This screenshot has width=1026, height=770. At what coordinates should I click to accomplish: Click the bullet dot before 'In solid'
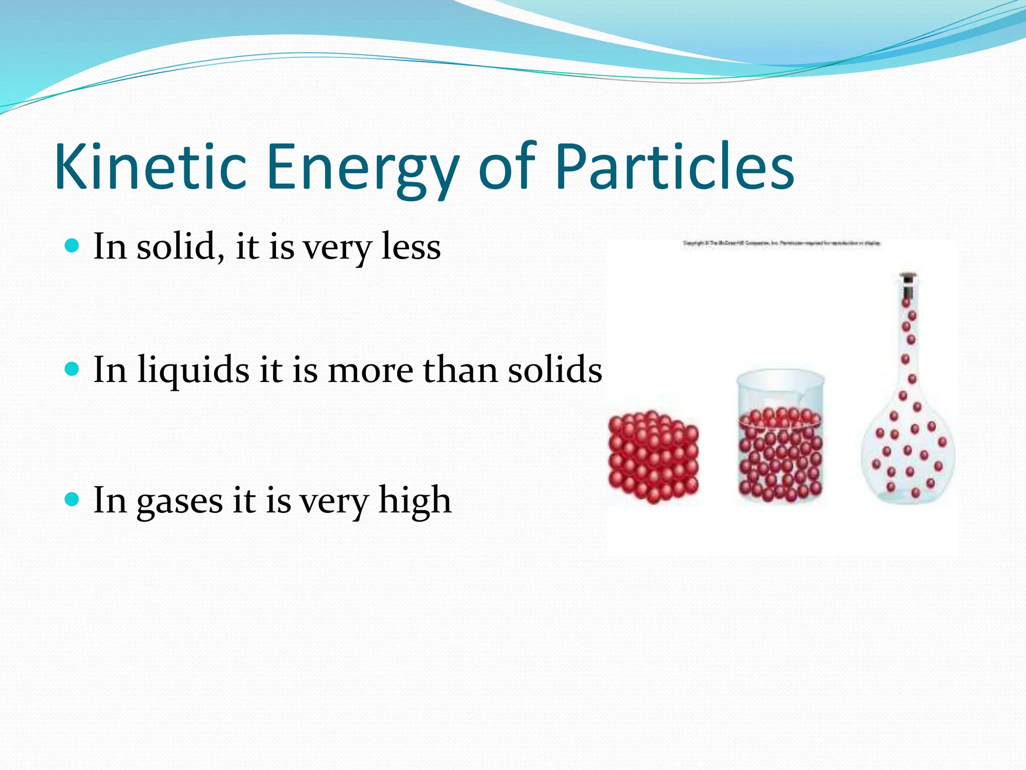point(73,246)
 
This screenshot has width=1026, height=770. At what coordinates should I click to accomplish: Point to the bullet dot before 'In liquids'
point(73,369)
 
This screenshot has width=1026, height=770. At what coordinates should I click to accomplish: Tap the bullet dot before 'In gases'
point(73,499)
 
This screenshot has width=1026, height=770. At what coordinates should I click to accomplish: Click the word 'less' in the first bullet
point(411,247)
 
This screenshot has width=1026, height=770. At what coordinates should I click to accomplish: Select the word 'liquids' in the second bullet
point(193,370)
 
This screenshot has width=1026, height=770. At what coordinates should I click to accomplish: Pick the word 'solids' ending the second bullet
point(555,370)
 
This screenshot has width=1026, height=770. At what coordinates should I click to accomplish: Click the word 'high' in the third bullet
point(415,500)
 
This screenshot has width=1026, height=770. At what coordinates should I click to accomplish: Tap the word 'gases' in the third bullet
point(179,501)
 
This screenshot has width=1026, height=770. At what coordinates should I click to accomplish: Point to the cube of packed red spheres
point(653,456)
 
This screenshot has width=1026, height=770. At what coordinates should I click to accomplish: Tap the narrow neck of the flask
point(908,341)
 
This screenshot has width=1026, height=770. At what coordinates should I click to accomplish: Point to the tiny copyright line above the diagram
point(782,243)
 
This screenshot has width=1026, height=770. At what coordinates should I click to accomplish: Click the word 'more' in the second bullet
point(371,371)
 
